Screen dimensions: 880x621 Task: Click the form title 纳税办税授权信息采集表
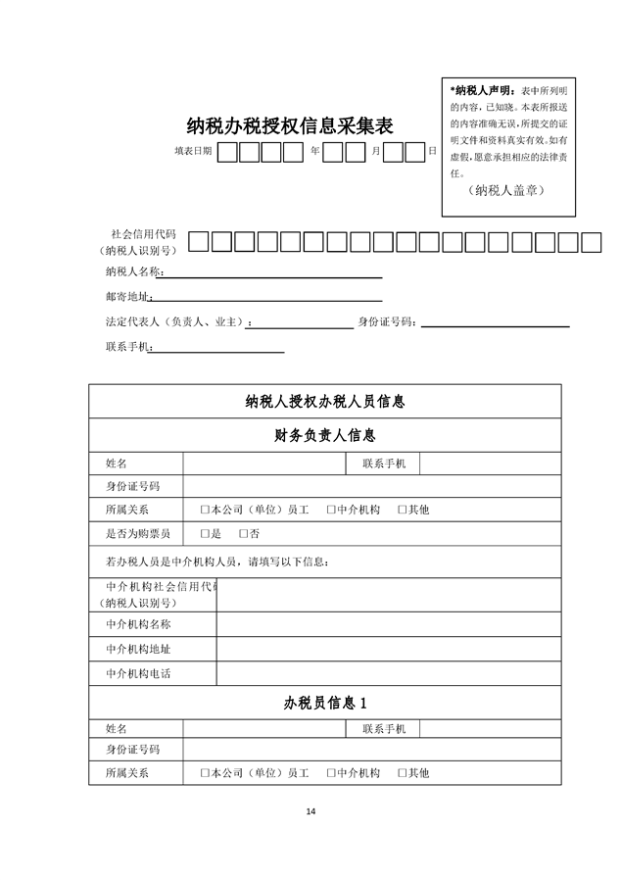point(290,126)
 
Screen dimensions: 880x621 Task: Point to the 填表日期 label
point(193,152)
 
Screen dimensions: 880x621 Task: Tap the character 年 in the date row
point(314,152)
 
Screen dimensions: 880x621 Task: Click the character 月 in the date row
point(375,152)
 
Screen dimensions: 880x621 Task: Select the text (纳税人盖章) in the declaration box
point(506,189)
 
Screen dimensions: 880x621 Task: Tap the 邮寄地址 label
point(127,297)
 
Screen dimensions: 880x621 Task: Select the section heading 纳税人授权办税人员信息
point(325,402)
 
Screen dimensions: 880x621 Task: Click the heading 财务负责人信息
point(325,435)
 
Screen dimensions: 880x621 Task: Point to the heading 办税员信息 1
point(325,703)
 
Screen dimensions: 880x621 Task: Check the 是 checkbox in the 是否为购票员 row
point(206,534)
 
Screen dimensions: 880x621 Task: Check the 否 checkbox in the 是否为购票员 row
point(244,534)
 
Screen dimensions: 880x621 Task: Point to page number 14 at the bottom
point(310,811)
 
